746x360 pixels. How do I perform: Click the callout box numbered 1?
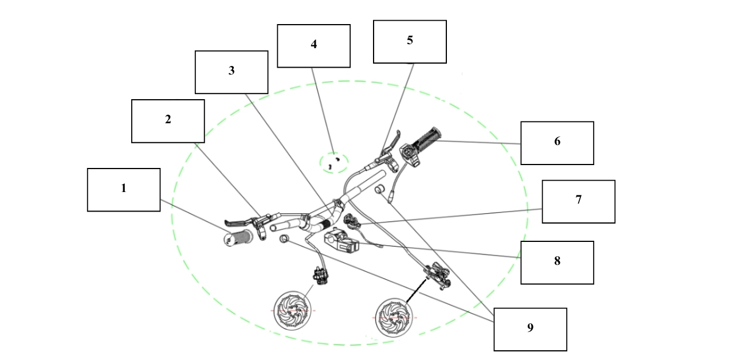(123, 190)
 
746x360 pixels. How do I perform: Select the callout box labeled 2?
(168, 121)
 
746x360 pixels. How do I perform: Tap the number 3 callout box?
(231, 72)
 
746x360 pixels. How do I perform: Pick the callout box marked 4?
(313, 46)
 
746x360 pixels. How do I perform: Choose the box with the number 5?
(410, 42)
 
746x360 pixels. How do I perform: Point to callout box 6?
(557, 143)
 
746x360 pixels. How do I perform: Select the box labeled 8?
(557, 263)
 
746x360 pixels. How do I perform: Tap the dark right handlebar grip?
(430, 136)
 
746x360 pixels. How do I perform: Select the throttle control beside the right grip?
(410, 154)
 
